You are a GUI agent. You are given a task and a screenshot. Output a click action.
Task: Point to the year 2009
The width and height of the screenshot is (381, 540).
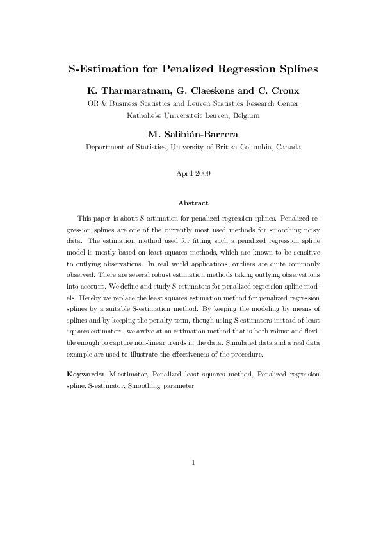coord(202,173)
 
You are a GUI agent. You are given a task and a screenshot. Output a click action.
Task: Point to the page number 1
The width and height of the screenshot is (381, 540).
coord(193,463)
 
